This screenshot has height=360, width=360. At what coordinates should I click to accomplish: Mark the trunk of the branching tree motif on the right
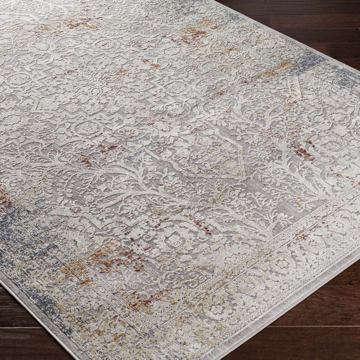284,151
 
